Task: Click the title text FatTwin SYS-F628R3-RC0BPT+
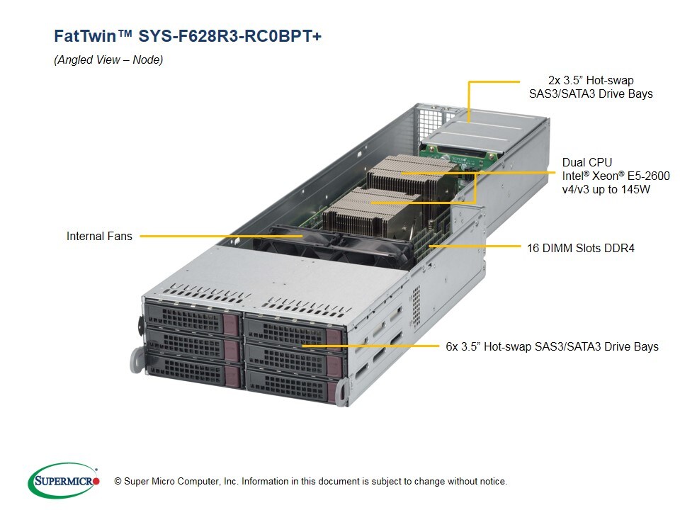[x=188, y=37]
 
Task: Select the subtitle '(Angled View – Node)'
[x=108, y=60]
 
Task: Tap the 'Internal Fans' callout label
[x=99, y=236]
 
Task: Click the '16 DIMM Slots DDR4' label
[x=581, y=248]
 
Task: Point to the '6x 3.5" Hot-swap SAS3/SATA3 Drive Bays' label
[x=552, y=346]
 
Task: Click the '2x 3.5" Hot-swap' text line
[x=591, y=80]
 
